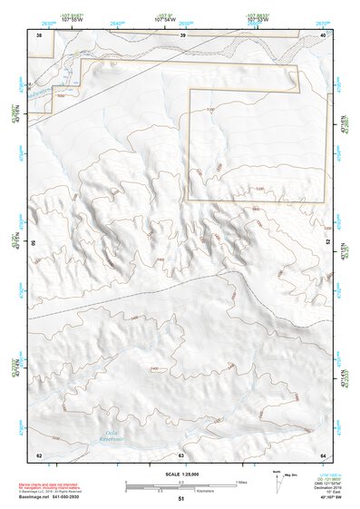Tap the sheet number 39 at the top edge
183,35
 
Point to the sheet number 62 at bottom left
39,455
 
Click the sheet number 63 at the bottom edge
181,455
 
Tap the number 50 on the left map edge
35,244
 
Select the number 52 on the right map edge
326,244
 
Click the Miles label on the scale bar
241,481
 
